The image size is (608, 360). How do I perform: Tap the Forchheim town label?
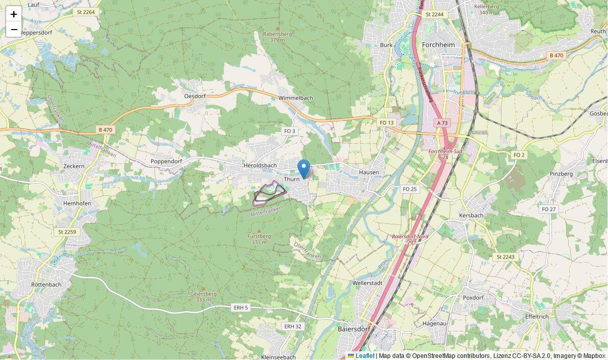pos(438,44)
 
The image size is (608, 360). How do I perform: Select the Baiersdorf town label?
pos(354,329)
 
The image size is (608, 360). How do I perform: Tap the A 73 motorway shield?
pos(442,123)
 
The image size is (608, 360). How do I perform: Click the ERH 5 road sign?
pos(240,307)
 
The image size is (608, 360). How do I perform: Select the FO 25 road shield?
pos(410,189)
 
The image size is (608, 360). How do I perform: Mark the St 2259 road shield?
pos(67,232)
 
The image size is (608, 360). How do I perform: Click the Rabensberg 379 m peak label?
pos(277,37)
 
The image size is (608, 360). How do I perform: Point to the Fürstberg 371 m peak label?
pos(259,239)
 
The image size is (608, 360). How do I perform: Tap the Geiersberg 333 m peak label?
pos(203,296)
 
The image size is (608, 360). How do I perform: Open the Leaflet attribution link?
pos(364,356)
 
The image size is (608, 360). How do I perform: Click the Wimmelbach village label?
pos(296,98)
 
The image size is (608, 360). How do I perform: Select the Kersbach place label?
pos(471,216)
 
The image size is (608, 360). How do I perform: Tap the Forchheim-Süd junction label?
pos(445,154)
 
